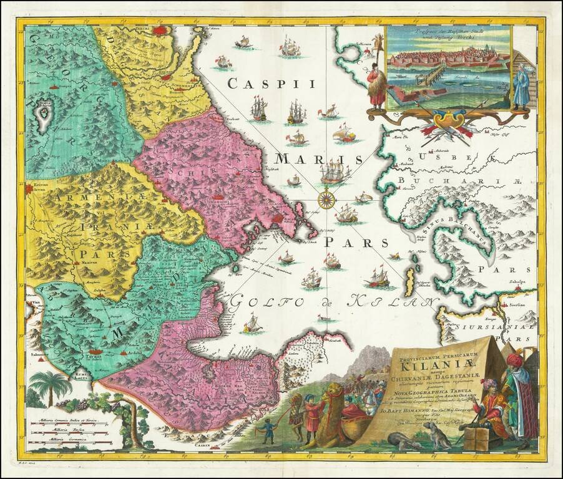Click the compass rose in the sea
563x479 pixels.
click(326, 200)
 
